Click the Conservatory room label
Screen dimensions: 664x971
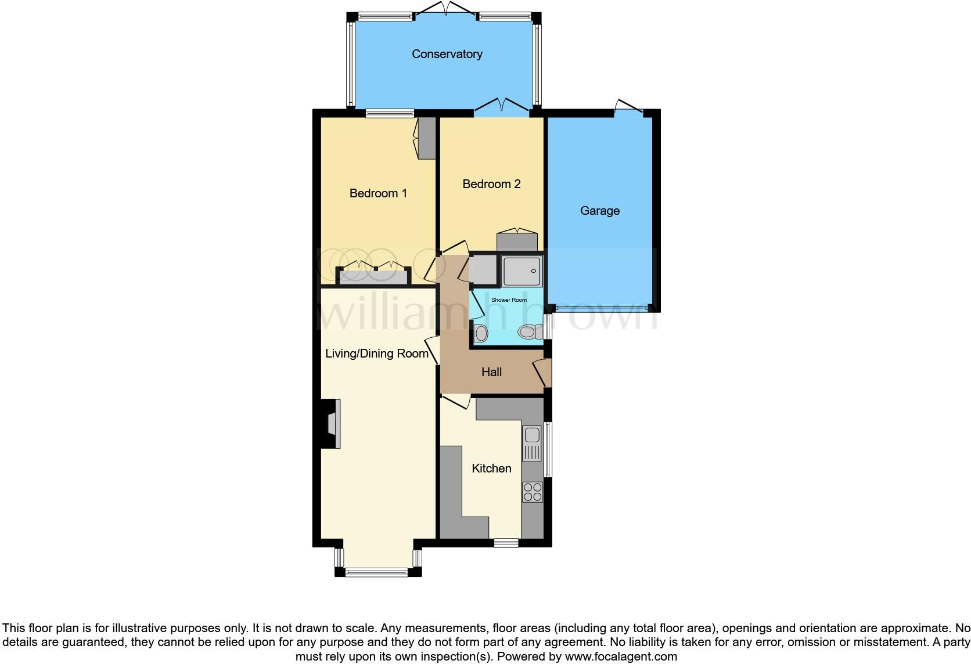447,54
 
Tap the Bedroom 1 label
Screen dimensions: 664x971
378,193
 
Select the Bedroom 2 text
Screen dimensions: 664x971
491,184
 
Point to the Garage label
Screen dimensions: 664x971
599,211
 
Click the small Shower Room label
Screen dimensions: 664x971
509,300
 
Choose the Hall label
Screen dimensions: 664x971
491,372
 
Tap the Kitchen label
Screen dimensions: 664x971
491,468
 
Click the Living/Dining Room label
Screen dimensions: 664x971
376,353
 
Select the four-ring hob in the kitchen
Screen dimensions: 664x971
533,492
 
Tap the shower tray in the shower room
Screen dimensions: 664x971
522,271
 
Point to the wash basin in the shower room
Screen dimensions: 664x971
481,333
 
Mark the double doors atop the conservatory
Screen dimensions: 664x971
446,10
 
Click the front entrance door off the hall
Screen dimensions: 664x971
544,373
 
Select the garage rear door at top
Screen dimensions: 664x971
629,107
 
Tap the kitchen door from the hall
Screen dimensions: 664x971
456,401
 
